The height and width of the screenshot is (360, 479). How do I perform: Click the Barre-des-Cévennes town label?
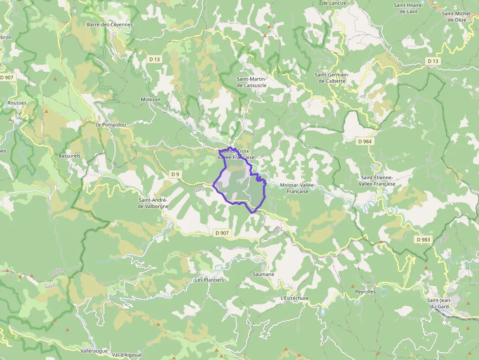click(109, 24)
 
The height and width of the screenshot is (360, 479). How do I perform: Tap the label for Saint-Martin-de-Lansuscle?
click(251, 82)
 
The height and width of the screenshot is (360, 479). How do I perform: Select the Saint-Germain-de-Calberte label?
click(332, 78)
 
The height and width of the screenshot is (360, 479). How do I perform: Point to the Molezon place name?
click(151, 99)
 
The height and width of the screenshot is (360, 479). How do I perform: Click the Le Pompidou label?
click(110, 125)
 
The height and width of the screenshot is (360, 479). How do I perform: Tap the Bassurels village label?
click(69, 156)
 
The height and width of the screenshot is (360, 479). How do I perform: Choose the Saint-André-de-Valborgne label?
click(153, 203)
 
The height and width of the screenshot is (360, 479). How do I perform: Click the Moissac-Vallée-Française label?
click(299, 188)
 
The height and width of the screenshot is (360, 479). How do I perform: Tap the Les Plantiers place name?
click(209, 280)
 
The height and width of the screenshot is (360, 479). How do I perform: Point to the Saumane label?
click(263, 274)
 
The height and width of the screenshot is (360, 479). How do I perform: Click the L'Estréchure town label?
click(295, 298)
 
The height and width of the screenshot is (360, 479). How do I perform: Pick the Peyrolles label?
click(365, 292)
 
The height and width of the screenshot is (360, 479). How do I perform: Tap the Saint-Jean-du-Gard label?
click(438, 303)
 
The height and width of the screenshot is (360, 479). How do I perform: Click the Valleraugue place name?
click(93, 351)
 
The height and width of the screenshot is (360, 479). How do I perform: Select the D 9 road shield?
click(175, 174)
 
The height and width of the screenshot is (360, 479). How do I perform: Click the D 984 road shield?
click(365, 141)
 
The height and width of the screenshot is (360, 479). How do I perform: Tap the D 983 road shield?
click(423, 239)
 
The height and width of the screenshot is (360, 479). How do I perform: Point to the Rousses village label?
click(17, 103)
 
